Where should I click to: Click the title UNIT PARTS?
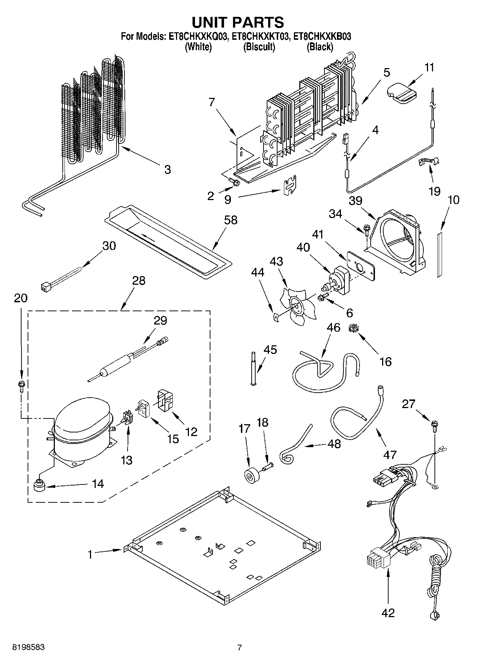238,22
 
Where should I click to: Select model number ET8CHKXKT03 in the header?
260,36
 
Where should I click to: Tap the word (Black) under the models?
320,47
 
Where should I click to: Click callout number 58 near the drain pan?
231,220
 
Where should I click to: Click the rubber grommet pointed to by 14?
38,486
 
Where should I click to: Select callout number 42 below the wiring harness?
388,612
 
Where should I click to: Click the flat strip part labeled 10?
439,255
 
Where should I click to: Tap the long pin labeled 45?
253,369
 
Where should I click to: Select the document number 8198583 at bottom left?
29,647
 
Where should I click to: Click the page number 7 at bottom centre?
239,647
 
